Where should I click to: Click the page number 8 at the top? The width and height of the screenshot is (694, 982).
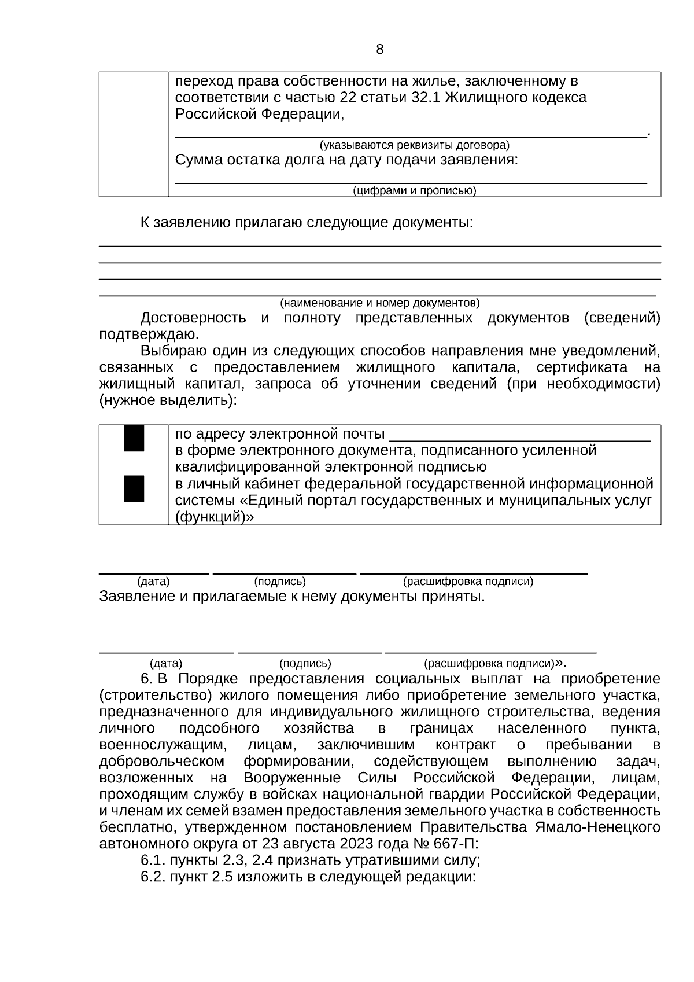tap(379, 50)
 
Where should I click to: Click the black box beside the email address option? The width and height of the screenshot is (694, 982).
tap(134, 438)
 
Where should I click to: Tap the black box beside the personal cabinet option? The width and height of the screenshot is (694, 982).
tap(134, 488)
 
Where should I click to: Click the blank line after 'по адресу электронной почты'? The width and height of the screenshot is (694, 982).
tap(519, 439)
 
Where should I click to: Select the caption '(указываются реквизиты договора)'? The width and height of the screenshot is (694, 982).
tap(415, 145)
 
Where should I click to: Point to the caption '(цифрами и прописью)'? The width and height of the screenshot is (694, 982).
tap(415, 191)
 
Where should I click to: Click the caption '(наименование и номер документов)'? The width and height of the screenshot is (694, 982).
tap(380, 303)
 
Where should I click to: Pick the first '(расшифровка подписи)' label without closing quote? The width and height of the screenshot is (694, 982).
tap(468, 582)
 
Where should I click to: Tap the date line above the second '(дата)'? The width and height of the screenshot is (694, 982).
tap(167, 652)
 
